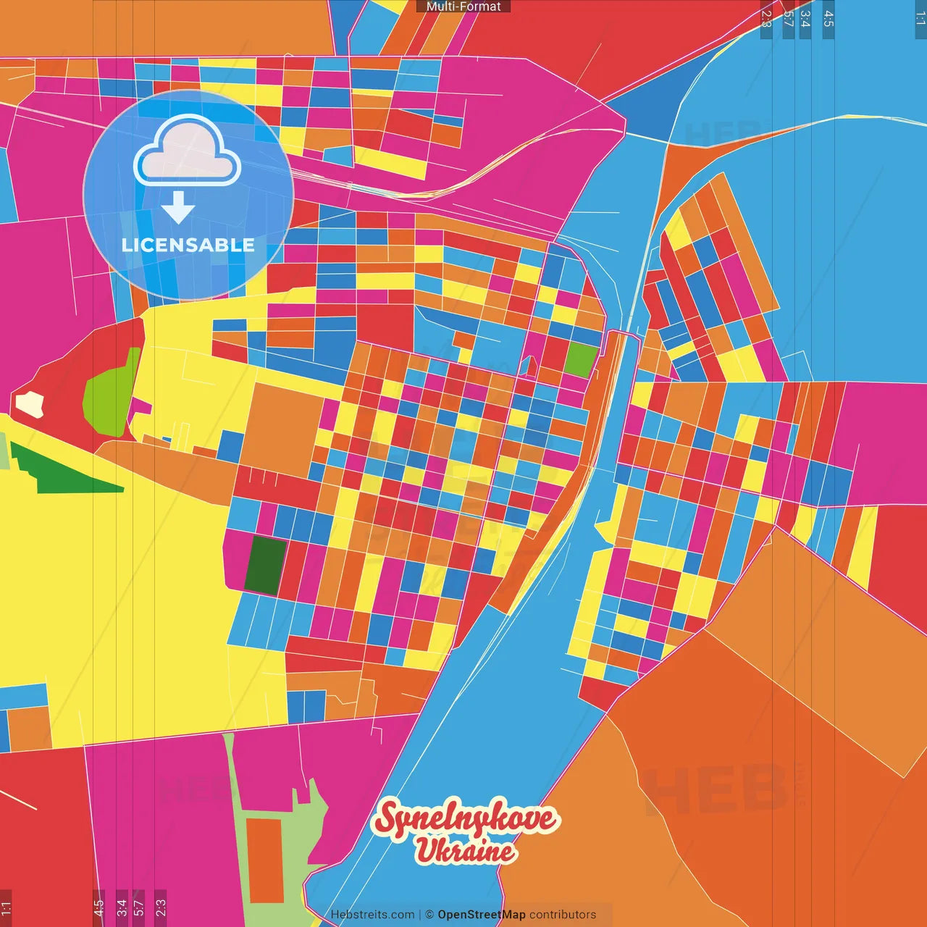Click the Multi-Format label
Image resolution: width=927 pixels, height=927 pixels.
463,7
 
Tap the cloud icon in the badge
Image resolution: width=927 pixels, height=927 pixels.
187,150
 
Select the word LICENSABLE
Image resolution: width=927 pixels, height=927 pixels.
188,245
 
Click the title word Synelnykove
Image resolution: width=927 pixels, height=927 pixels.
465,818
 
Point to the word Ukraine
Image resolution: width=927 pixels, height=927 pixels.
465,850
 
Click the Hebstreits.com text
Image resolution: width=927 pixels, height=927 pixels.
372,915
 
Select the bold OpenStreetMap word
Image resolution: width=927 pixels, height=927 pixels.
481,915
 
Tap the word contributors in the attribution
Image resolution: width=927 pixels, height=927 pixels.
563,915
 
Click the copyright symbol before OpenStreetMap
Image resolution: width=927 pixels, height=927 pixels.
429,915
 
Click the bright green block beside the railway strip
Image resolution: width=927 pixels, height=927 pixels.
582,359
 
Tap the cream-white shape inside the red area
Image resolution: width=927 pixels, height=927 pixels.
30,404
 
